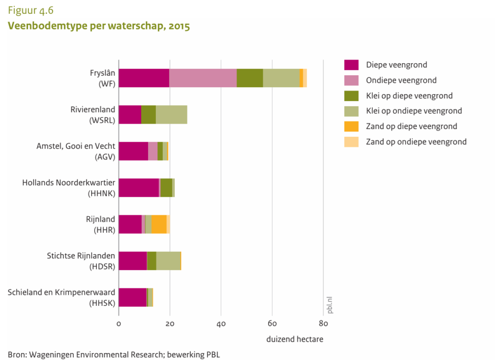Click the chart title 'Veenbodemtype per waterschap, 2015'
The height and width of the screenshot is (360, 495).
(x=98, y=26)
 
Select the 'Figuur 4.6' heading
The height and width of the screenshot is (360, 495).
(x=31, y=11)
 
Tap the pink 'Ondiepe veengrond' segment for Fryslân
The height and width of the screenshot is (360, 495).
(x=203, y=78)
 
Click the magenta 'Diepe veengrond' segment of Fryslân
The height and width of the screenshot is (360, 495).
(x=144, y=78)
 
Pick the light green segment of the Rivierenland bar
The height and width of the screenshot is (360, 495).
(x=171, y=114)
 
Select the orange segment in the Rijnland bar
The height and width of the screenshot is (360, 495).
(x=159, y=224)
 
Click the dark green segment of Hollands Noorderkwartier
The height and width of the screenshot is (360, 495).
(x=166, y=187)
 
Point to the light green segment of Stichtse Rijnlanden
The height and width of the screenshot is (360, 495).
(x=169, y=261)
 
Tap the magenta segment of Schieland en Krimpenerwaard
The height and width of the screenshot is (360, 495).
(x=132, y=297)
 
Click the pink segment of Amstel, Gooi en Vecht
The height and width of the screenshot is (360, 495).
(x=153, y=151)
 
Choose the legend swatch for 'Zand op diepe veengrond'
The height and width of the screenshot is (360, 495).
(x=351, y=126)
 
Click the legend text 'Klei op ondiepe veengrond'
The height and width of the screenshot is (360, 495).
(x=414, y=111)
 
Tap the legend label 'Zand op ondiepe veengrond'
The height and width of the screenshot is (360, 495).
(x=416, y=142)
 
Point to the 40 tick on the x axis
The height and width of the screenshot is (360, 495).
(x=221, y=324)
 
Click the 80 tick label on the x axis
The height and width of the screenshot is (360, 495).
(x=323, y=324)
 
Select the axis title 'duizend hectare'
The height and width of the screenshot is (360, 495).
(x=295, y=339)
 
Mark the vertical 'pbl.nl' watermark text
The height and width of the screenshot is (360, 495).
(x=330, y=305)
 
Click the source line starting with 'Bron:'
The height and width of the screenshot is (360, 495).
(x=114, y=354)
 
